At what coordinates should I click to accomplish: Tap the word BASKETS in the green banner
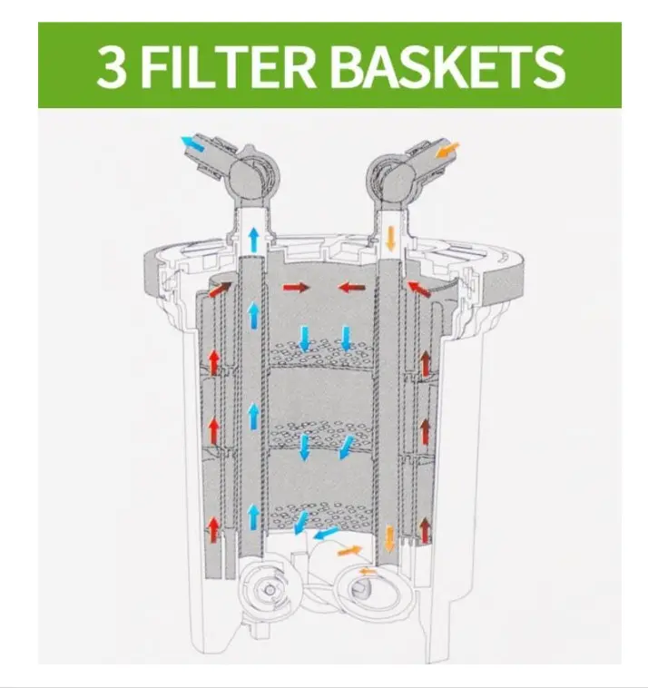pyautogui.click(x=447, y=66)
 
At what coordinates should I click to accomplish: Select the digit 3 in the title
pyautogui.click(x=112, y=66)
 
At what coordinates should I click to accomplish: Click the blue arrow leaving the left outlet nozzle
pyautogui.click(x=193, y=144)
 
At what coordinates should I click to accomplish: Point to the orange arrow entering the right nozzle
pyautogui.click(x=448, y=150)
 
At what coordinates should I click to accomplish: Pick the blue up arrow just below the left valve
pyautogui.click(x=253, y=240)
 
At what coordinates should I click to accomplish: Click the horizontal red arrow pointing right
pyautogui.click(x=296, y=288)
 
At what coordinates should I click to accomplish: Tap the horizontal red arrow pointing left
pyautogui.click(x=351, y=288)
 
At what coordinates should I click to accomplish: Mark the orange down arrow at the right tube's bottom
pyautogui.click(x=389, y=538)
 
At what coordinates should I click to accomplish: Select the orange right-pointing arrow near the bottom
pyautogui.click(x=349, y=550)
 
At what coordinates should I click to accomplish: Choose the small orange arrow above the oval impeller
pyautogui.click(x=368, y=571)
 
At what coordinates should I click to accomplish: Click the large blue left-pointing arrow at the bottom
pyautogui.click(x=327, y=533)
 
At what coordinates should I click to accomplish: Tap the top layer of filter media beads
pyautogui.click(x=321, y=352)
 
